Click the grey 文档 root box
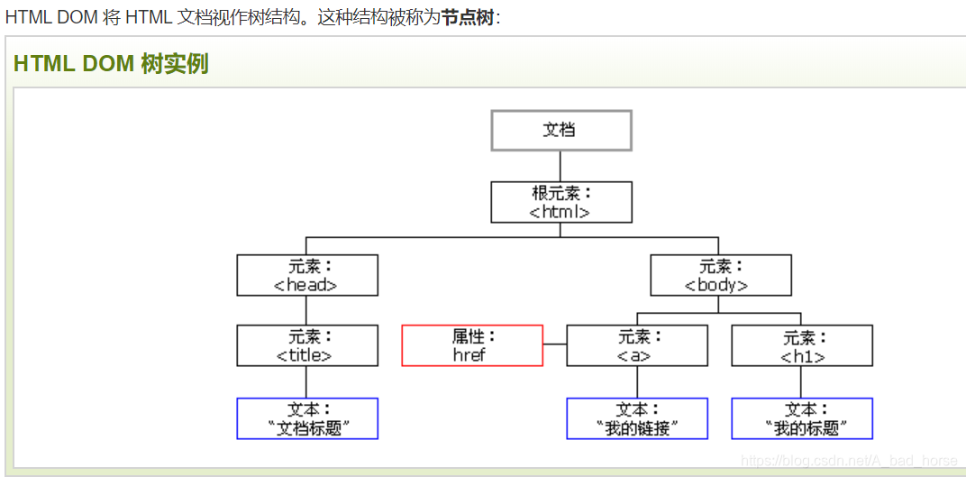(560, 130)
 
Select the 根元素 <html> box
(560, 202)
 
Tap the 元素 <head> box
(306, 275)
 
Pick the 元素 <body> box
(720, 275)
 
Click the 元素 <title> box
(306, 345)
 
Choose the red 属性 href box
(471, 345)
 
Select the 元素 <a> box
(636, 345)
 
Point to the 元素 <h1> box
(801, 345)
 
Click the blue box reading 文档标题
(306, 418)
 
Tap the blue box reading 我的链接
(636, 418)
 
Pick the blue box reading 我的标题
(801, 418)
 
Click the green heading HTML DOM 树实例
(111, 64)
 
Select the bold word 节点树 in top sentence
(467, 17)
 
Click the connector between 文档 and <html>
(560, 166)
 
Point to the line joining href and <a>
(554, 345)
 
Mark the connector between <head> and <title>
(306, 310)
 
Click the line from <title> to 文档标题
(306, 382)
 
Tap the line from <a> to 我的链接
(636, 382)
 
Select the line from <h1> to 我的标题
(801, 382)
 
